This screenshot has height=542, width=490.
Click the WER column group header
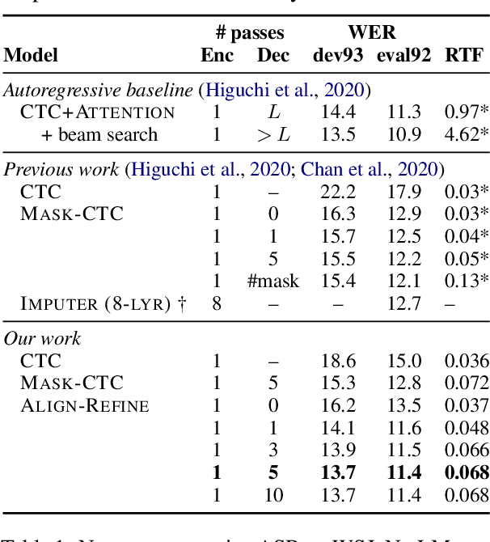click(x=371, y=32)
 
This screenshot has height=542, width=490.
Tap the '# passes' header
click(x=251, y=32)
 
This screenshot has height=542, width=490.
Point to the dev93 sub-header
click(x=338, y=55)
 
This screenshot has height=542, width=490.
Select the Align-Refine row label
click(x=85, y=405)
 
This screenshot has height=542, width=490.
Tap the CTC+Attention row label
click(x=98, y=112)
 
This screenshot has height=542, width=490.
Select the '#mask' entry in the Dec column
click(x=272, y=282)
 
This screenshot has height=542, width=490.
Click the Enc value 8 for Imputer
click(x=217, y=304)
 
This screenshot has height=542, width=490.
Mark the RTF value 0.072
click(x=467, y=383)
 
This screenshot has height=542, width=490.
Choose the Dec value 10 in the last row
click(x=272, y=495)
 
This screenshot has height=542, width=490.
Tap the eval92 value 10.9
click(x=402, y=134)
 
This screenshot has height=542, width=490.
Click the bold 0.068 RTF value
click(x=467, y=472)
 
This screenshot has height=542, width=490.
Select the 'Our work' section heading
click(x=42, y=338)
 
